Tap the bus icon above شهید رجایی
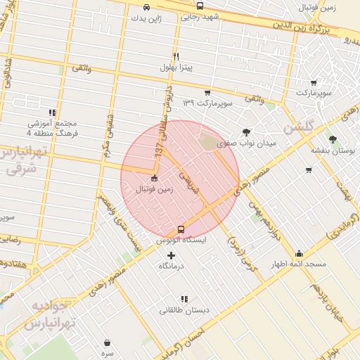[200, 6]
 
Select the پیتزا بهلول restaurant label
[176, 67]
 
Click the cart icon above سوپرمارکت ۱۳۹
[207, 92]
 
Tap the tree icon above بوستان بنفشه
[333, 139]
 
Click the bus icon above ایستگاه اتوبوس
[181, 229]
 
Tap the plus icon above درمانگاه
[171, 255]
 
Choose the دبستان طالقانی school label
[183, 310]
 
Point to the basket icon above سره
[106, 342]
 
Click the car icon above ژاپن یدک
[146, 8]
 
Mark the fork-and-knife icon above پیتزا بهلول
[176, 56]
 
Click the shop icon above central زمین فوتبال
[154, 178]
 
